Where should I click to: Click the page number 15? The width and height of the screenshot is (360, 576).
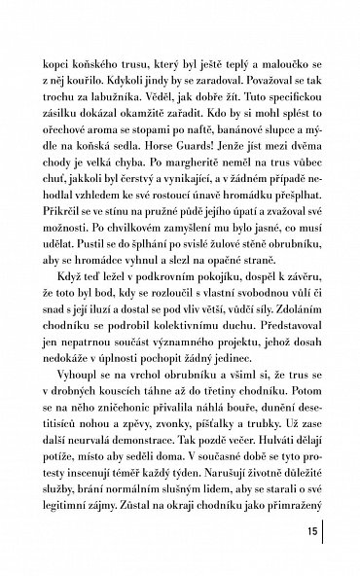pos(310,533)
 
